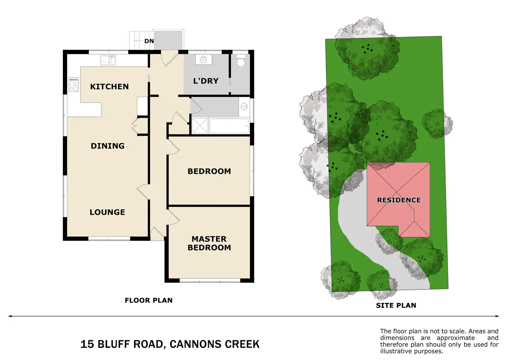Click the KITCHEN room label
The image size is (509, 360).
(109, 86)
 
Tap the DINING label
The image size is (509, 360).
(108, 146)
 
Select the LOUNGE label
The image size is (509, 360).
(107, 212)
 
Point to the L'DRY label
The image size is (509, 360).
(206, 81)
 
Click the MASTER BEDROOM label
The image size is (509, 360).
(209, 243)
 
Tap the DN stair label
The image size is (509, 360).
(149, 41)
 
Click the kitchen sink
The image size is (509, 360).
(108, 60)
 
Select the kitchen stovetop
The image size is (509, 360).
(74, 84)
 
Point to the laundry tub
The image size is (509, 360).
(204, 60)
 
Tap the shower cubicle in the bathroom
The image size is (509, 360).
(200, 126)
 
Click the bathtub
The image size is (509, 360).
(229, 126)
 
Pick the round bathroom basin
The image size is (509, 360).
(244, 107)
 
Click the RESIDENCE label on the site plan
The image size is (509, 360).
(399, 200)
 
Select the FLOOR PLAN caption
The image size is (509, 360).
(149, 300)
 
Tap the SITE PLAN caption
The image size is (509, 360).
(396, 305)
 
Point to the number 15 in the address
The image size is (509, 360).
(87, 344)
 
